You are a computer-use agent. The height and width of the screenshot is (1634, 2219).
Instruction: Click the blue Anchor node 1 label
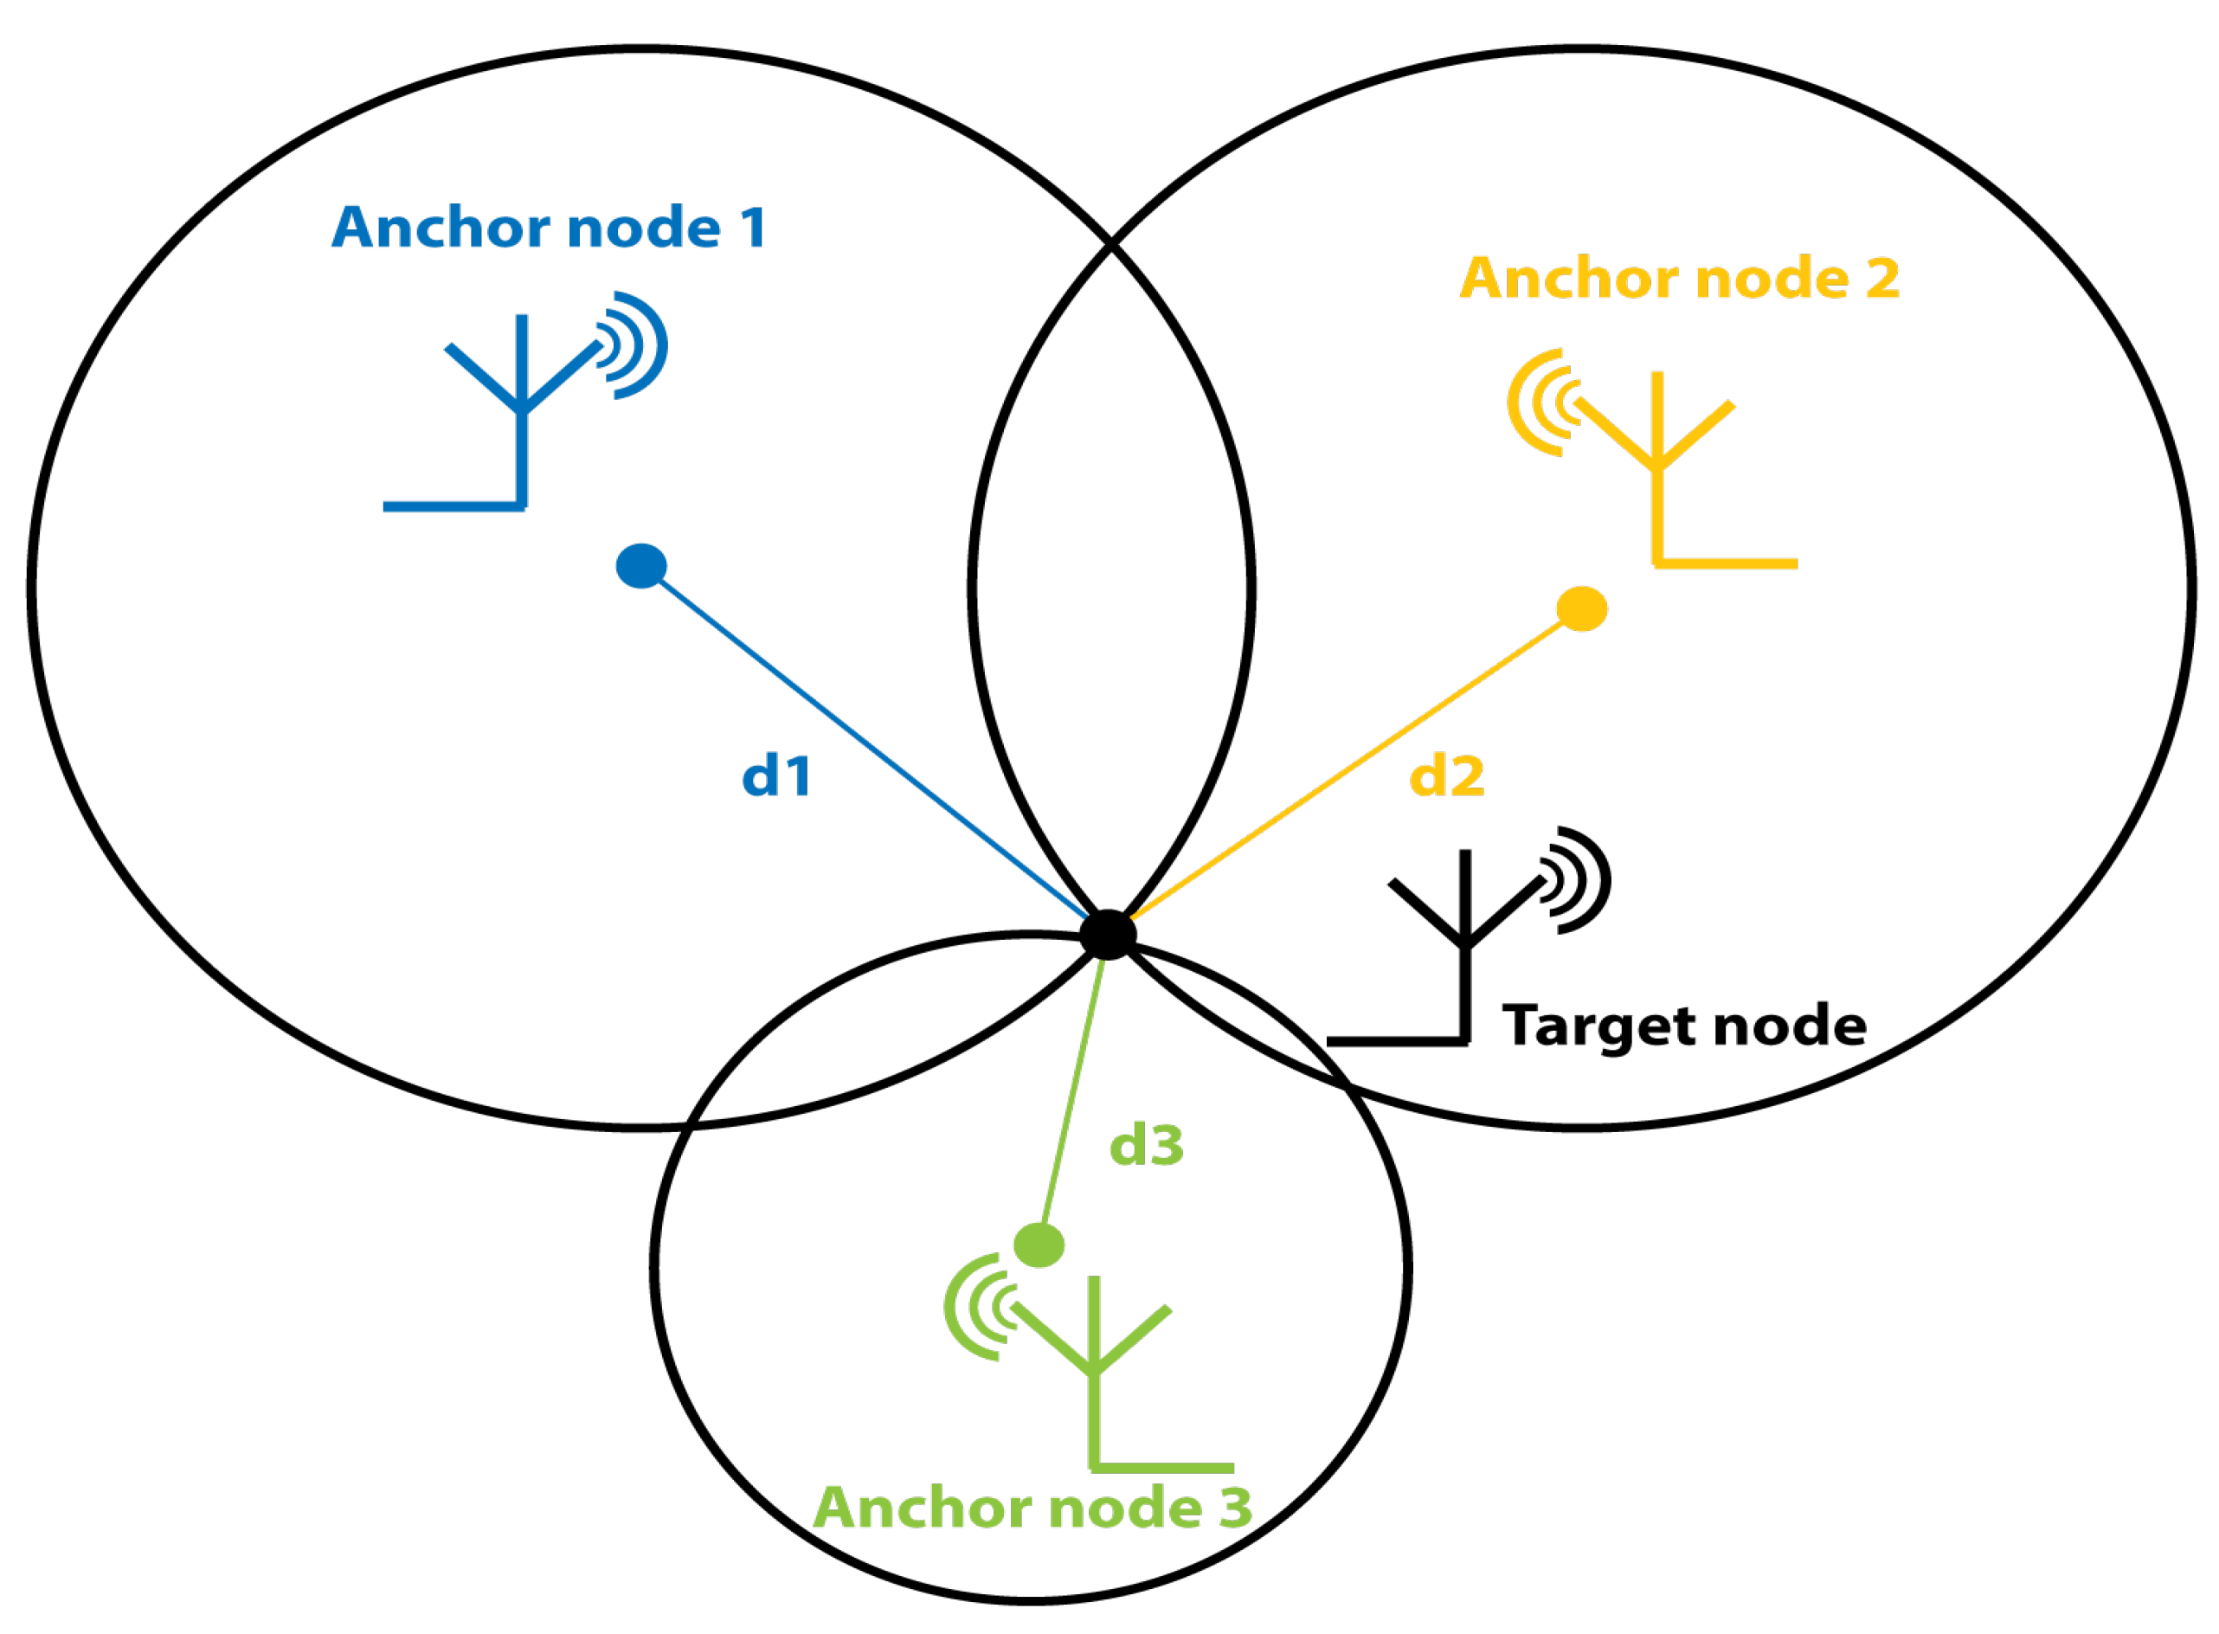[549, 228]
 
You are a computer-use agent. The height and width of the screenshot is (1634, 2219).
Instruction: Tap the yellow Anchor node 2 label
[1678, 278]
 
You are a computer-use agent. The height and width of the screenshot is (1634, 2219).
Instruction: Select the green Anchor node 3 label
[1032, 1508]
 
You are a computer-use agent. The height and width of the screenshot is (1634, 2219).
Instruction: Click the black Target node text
[1683, 1025]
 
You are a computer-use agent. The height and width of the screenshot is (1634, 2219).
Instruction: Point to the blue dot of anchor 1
[640, 566]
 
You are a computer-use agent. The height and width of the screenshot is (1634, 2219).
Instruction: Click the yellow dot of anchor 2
[1581, 608]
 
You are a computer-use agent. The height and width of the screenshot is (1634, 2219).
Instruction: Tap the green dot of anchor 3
[1039, 1245]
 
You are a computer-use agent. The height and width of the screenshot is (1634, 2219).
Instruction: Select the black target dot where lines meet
[1108, 934]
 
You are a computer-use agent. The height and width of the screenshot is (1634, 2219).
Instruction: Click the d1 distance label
[776, 775]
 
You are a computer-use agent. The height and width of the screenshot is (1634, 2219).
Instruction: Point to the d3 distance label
[1146, 1145]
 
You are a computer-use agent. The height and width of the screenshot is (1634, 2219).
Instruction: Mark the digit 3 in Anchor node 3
[1235, 1508]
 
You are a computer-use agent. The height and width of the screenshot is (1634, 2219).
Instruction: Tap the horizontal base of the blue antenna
[453, 506]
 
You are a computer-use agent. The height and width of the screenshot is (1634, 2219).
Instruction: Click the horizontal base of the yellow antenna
[1725, 563]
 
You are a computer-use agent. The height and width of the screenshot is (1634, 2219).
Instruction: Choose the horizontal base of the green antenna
[1162, 1468]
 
